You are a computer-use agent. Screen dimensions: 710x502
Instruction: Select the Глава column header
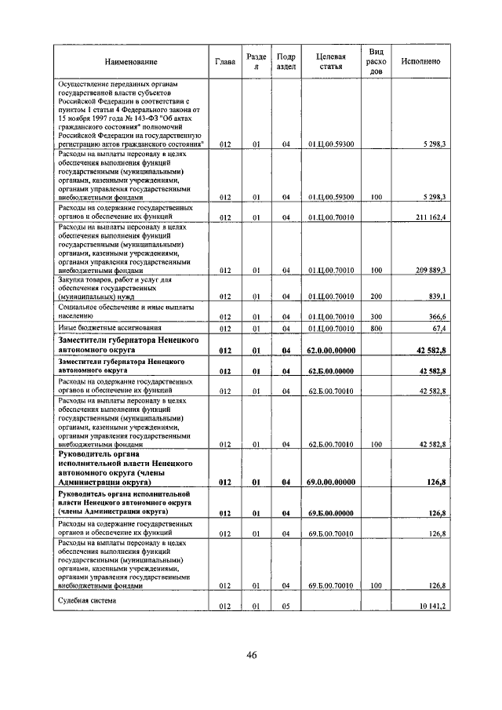(x=225, y=61)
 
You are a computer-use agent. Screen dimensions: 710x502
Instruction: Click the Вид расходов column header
(x=376, y=61)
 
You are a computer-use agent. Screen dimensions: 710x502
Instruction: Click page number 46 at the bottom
(x=251, y=655)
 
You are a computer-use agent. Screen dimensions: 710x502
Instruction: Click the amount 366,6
(x=436, y=315)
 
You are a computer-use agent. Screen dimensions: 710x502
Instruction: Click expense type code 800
(x=376, y=328)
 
